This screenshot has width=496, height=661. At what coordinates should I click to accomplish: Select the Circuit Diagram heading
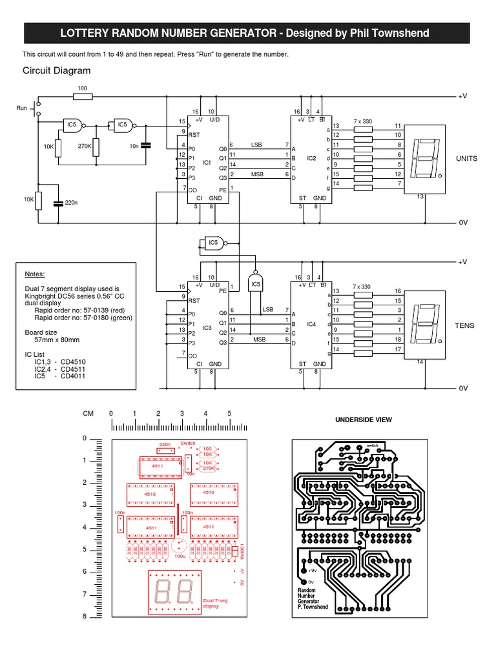coord(57,70)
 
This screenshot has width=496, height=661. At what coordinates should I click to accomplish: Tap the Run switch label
coord(22,108)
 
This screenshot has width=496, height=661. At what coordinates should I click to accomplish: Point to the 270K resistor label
coord(85,147)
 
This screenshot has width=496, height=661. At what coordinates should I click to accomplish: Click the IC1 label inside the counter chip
coord(207,163)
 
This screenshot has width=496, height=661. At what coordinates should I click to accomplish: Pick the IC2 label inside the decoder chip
coord(311,158)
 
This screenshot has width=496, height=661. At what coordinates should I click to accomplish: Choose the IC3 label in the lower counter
coord(207,328)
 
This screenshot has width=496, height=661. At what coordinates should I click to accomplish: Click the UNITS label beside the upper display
coord(467,158)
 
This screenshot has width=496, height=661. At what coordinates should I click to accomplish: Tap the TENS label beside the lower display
coord(466,325)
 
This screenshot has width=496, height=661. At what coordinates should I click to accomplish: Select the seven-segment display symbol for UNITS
coord(426,158)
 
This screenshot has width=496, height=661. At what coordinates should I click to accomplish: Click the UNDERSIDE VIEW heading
coord(363,420)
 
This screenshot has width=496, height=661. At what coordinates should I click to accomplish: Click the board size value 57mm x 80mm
coord(57,339)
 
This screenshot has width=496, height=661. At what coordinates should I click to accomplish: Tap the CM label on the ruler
coord(88,414)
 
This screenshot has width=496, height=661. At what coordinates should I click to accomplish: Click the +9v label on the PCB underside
coord(313,571)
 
